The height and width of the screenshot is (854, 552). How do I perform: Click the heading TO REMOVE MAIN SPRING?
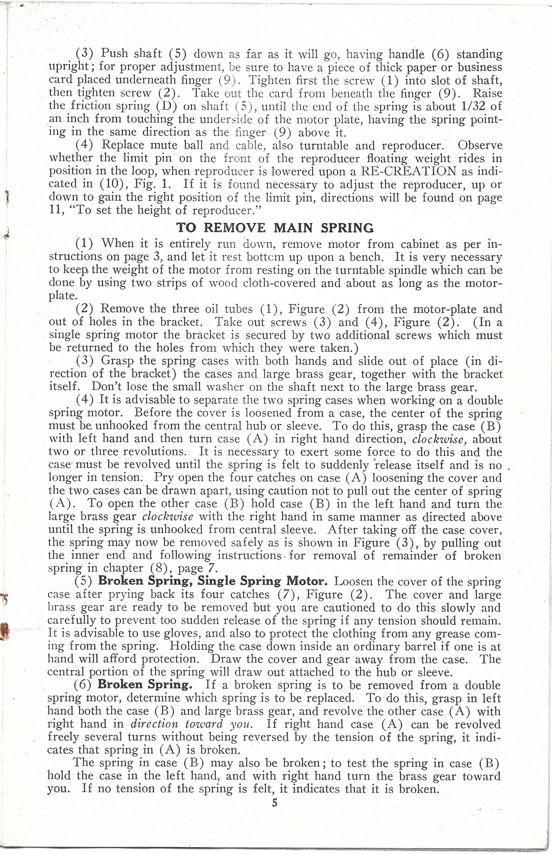[275, 227]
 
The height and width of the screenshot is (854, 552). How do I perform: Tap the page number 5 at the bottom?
[275, 803]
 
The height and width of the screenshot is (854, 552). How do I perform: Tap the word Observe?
[480, 145]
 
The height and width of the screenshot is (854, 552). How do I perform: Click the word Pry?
[165, 477]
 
